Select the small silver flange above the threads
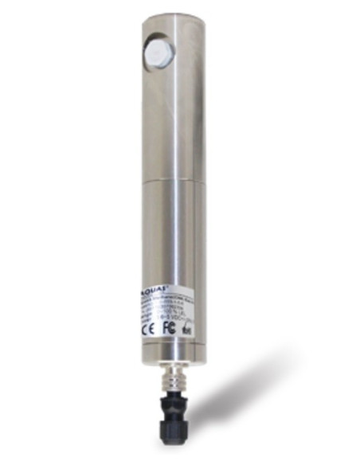(174, 362)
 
